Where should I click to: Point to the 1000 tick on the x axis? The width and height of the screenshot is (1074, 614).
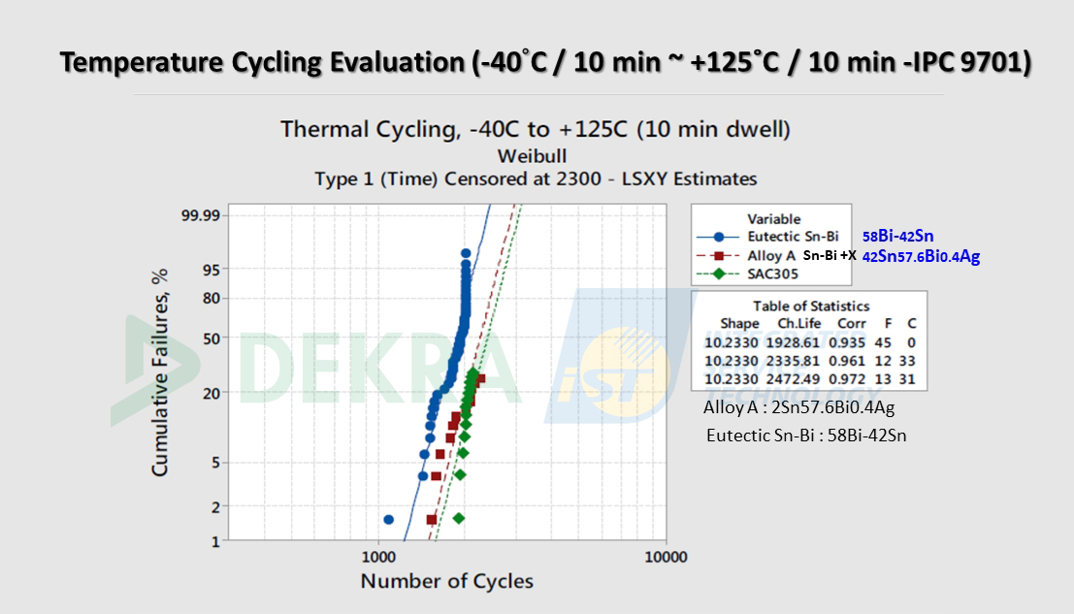point(377,557)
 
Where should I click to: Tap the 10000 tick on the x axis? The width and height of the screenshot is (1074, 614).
point(666,557)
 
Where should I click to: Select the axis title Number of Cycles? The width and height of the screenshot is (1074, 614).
point(446,581)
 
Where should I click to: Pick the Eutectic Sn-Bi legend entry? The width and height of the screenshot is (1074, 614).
point(786,236)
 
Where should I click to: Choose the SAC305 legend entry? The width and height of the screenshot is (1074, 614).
point(773,274)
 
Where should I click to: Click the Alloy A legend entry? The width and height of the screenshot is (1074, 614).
point(771,255)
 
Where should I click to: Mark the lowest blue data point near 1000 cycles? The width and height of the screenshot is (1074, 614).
point(389,520)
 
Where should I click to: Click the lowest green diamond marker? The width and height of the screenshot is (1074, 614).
point(458,518)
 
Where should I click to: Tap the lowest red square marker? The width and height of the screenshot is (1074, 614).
point(432,520)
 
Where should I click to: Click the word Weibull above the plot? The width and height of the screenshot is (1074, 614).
point(532,155)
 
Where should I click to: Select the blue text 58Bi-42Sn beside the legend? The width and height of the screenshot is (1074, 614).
point(898,236)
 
